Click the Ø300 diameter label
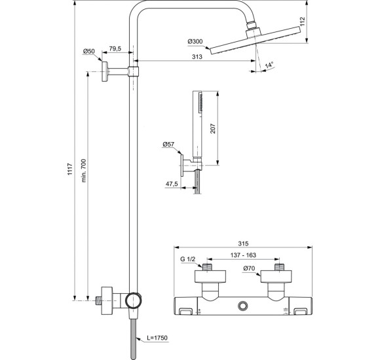coord(196,42)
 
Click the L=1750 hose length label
coord(158,338)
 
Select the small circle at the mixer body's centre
coord(243,304)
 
